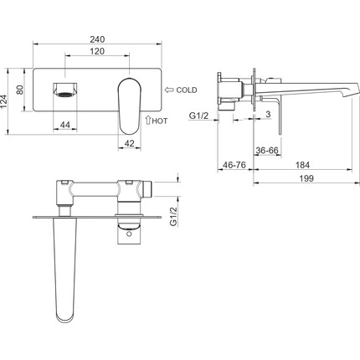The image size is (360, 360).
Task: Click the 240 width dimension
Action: [97, 39]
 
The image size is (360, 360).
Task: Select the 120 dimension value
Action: [97, 51]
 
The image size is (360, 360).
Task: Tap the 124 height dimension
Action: [3, 101]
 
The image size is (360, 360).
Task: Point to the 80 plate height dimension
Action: [20, 90]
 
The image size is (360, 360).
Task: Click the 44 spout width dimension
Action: [65, 125]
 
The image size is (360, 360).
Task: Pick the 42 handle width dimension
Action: [129, 143]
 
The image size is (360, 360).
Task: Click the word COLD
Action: [187, 90]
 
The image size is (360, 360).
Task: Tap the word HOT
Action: [160, 121]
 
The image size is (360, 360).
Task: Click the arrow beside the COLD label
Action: [169, 90]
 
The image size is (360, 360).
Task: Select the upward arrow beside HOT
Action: [148, 120]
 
